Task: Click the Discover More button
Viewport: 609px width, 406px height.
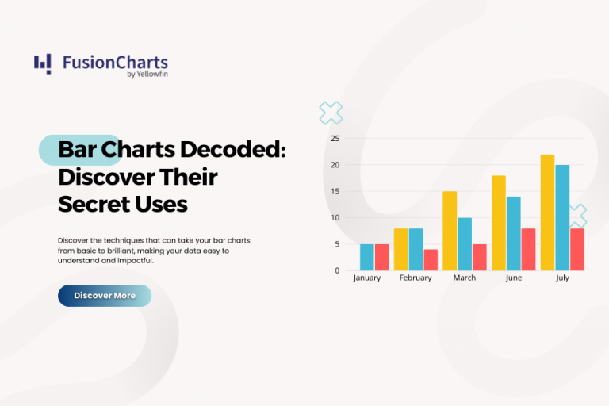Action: tap(105, 296)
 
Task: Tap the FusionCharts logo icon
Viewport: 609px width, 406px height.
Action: tap(42, 64)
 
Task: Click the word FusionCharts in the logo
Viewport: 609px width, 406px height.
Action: tap(115, 63)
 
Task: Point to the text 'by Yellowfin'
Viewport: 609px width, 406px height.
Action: tap(147, 74)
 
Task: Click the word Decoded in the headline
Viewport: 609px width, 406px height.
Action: tap(233, 150)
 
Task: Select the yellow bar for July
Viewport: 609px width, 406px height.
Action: tap(548, 213)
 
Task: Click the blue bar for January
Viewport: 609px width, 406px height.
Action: tap(367, 257)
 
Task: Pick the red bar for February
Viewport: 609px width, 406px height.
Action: tap(431, 260)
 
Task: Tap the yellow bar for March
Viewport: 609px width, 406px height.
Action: tap(450, 231)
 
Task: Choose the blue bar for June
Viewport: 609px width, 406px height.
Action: tap(514, 233)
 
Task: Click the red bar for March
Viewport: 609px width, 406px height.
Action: tap(480, 257)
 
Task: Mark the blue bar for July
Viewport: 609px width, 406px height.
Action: tap(562, 217)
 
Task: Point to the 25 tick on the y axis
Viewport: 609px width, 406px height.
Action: tap(335, 138)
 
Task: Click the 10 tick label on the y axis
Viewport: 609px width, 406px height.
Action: tap(335, 217)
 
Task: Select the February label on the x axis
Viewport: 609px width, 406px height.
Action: tap(416, 278)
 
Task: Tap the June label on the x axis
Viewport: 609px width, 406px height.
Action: tap(514, 278)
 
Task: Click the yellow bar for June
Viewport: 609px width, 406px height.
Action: tap(499, 223)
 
